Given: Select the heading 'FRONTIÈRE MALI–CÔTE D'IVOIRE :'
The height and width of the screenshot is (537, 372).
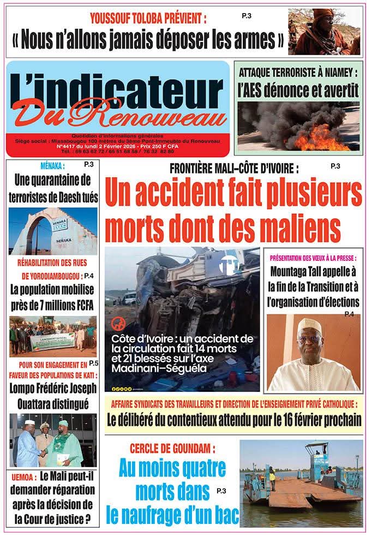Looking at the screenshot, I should click(x=234, y=169).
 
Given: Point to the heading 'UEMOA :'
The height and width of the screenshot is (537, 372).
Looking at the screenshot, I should click(x=23, y=476).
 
